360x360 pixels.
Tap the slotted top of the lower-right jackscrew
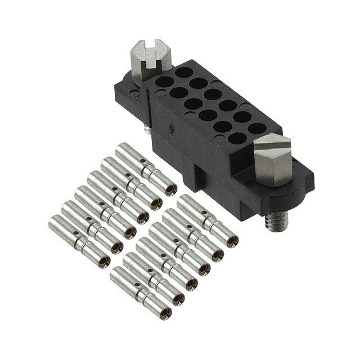272,147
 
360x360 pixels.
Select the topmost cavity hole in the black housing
183,73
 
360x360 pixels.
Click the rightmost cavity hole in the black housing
256,128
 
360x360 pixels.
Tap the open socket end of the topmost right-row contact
231,240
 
